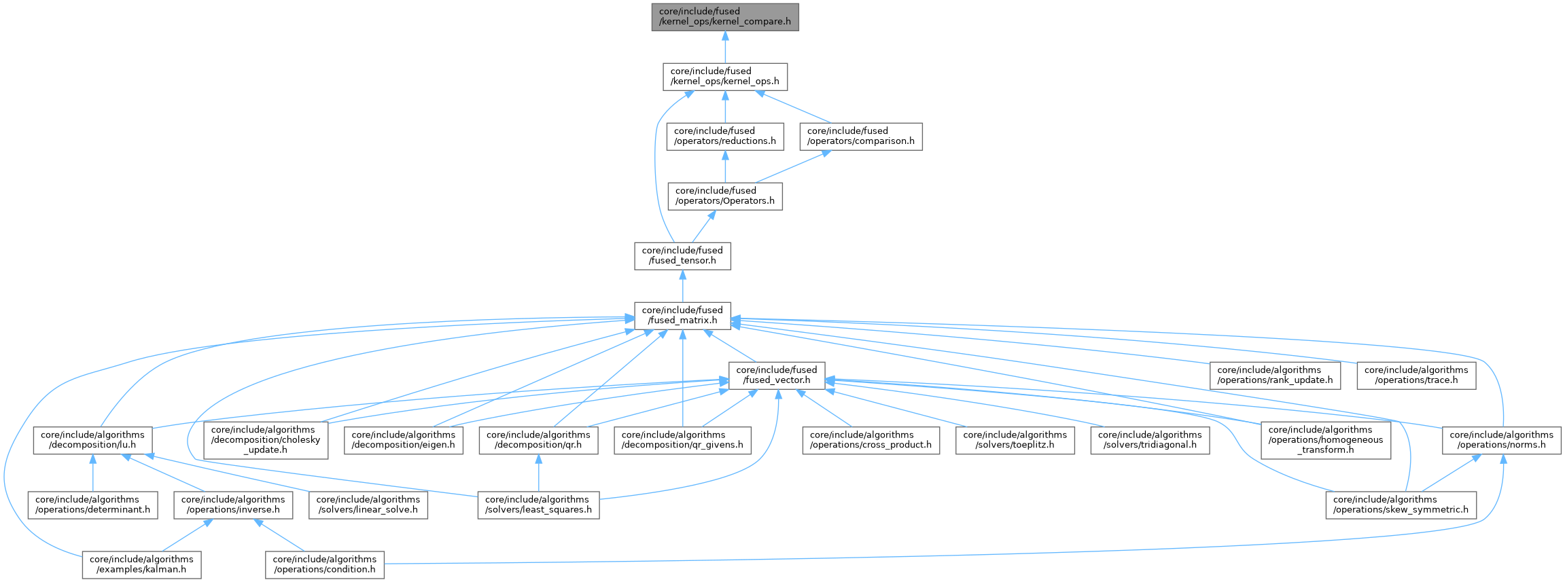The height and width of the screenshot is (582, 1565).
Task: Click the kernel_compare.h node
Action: click(x=724, y=17)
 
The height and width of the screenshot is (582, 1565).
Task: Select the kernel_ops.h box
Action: click(x=724, y=77)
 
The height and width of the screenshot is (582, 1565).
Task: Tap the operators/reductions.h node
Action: click(x=724, y=137)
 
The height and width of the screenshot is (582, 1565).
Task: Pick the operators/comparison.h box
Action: click(x=860, y=137)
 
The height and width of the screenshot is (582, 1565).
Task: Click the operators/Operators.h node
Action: click(x=724, y=196)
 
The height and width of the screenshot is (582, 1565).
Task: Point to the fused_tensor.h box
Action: click(x=682, y=256)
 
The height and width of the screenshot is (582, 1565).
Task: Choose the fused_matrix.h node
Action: click(x=682, y=316)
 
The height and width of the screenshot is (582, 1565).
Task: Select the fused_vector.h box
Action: click(x=777, y=376)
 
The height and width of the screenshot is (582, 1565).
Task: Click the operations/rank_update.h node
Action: click(x=1275, y=376)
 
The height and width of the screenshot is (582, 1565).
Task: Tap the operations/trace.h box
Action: click(x=1416, y=376)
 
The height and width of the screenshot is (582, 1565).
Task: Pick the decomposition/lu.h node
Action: click(x=92, y=440)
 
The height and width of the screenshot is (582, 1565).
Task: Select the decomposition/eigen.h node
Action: click(x=403, y=440)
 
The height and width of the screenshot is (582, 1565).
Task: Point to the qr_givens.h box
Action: click(x=682, y=440)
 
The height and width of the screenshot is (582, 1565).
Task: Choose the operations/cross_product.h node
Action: click(x=871, y=440)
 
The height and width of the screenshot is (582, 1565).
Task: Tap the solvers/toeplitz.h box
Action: click(x=1015, y=440)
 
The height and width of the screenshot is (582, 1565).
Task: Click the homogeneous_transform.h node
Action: click(x=1325, y=440)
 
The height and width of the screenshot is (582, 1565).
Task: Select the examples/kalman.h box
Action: click(x=141, y=564)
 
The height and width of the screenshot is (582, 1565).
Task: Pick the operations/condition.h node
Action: click(x=324, y=564)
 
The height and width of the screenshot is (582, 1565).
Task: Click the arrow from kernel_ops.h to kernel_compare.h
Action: click(x=724, y=48)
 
